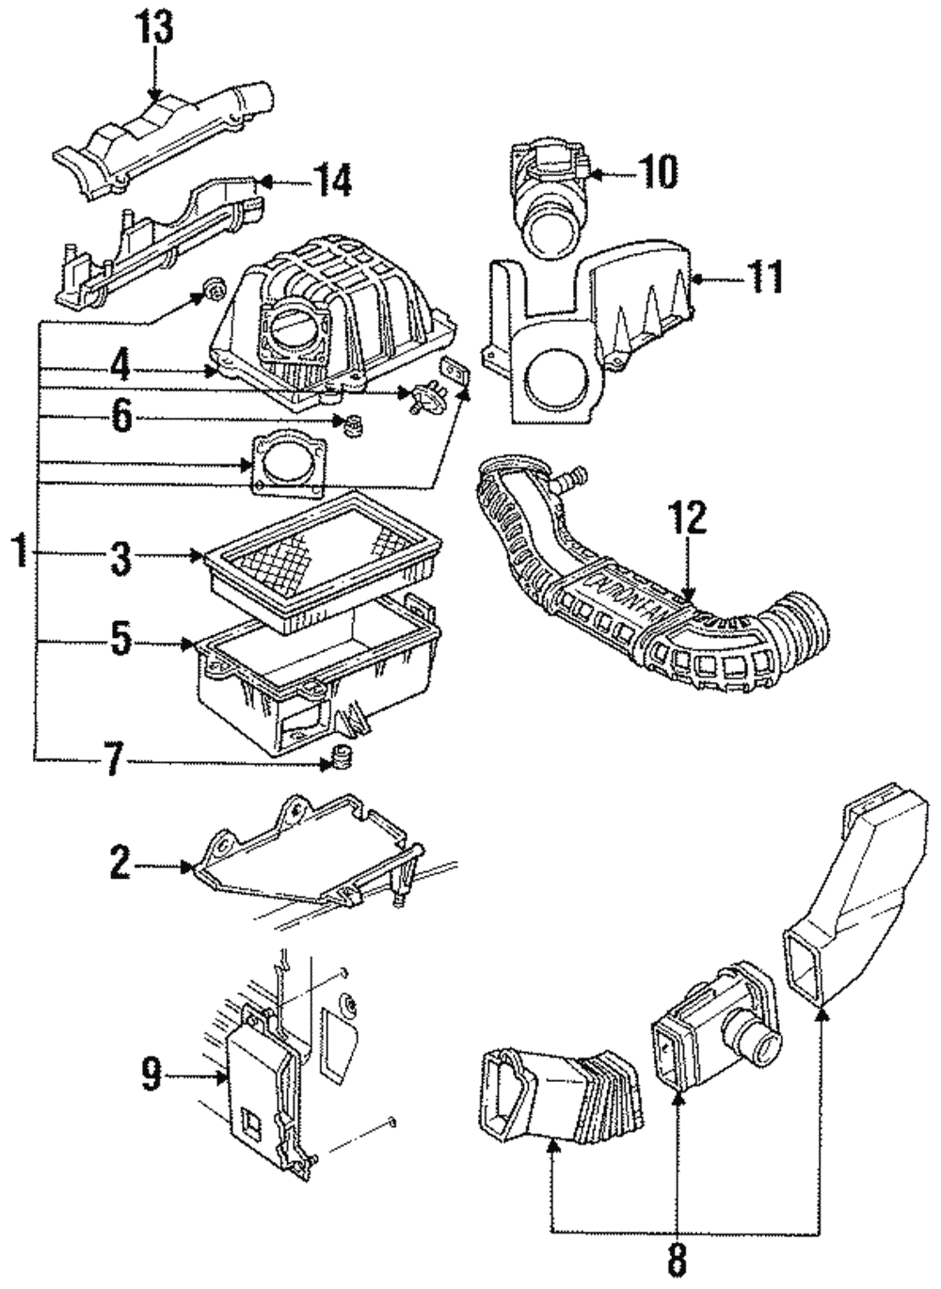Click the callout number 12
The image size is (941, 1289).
tap(688, 520)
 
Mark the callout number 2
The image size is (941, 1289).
tap(120, 864)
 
